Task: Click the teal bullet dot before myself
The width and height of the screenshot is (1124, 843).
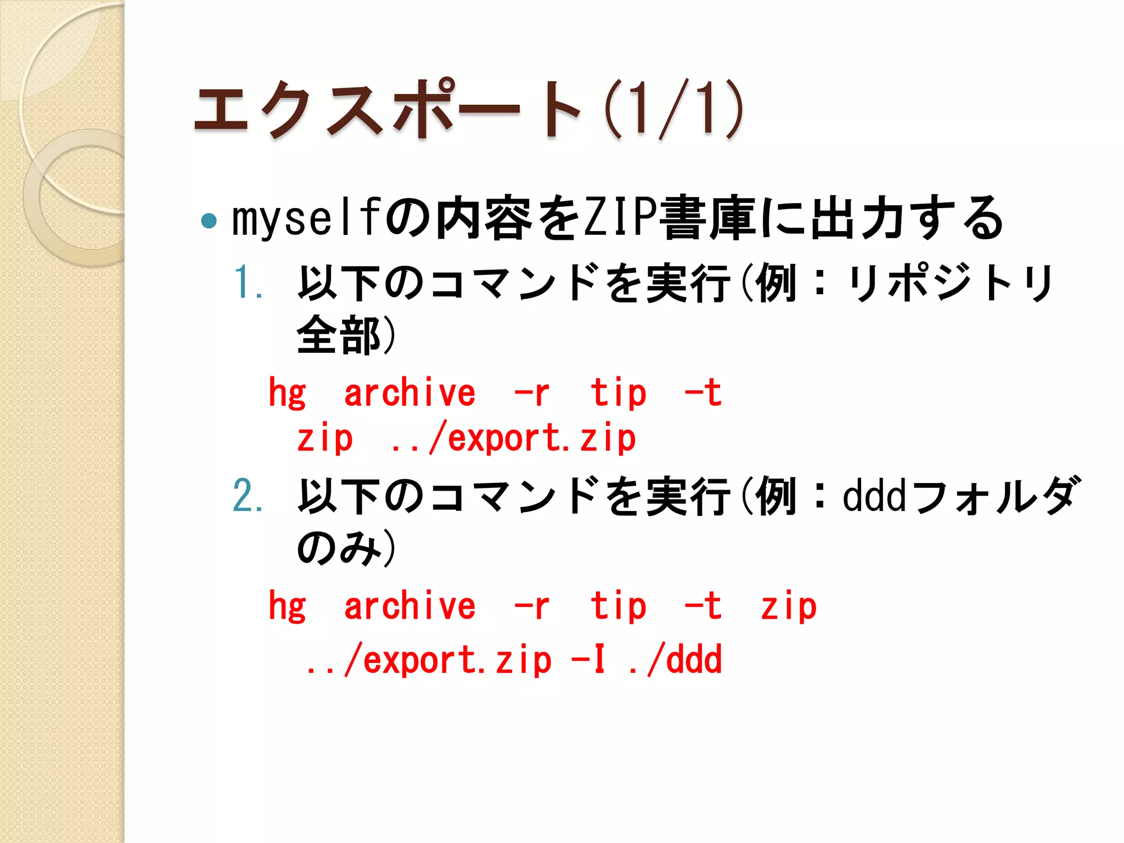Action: [x=209, y=221]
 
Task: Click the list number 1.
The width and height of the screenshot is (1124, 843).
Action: [x=248, y=283]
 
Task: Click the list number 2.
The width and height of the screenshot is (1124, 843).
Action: [x=248, y=496]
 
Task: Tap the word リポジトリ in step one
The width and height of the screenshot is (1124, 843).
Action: [x=949, y=283]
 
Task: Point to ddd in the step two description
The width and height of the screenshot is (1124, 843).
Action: [x=874, y=496]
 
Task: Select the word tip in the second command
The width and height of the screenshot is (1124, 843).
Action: [x=619, y=606]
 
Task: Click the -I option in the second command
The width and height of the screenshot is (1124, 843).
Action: [x=588, y=660]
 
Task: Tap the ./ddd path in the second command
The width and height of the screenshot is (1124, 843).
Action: [x=675, y=660]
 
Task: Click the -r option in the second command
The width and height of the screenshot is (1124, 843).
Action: [x=531, y=606]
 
